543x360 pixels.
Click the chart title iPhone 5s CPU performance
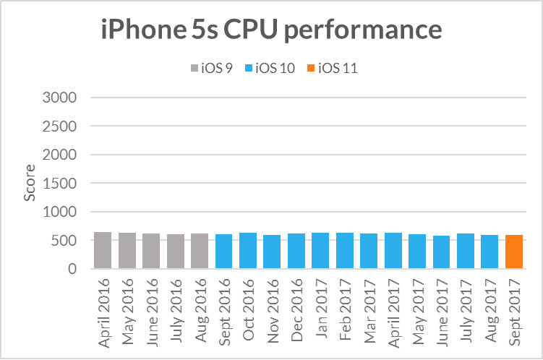click(x=271, y=30)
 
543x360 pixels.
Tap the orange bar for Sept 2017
click(x=514, y=252)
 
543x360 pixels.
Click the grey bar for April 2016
click(x=103, y=251)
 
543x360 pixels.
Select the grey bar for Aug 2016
click(x=200, y=252)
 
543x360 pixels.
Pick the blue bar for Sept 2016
click(x=223, y=252)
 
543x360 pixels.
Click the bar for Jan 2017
click(x=320, y=251)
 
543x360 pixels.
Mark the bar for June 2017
click(x=441, y=252)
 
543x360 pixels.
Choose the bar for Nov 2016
click(x=272, y=252)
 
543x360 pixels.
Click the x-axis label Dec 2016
click(x=296, y=307)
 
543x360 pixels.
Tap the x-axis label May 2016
click(x=127, y=307)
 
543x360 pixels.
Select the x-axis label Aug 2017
click(x=490, y=307)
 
